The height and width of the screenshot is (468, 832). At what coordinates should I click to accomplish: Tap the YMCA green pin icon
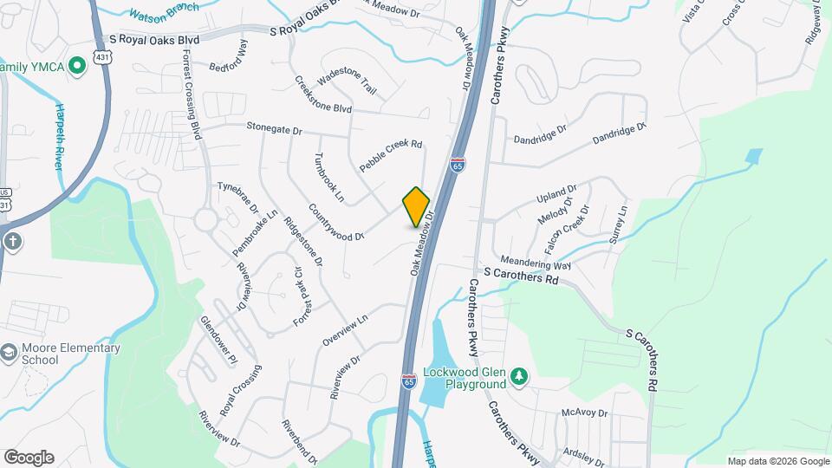[x=77, y=64]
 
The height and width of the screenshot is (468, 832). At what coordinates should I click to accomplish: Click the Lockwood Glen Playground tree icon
[x=519, y=376]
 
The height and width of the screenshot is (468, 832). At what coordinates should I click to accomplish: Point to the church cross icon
[x=13, y=241]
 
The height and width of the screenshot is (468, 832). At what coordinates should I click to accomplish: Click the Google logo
[x=29, y=458]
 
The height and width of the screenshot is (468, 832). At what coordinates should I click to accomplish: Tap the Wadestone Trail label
[x=347, y=82]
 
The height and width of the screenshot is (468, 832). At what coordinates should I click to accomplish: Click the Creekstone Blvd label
[x=323, y=98]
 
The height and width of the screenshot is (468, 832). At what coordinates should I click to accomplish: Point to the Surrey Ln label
[x=616, y=224]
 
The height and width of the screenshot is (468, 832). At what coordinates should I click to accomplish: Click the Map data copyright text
[x=777, y=461]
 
